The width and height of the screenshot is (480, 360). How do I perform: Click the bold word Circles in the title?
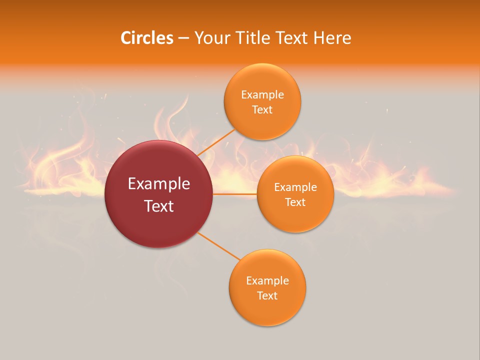coord(146,38)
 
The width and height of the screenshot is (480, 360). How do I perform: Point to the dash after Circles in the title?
coord(183,38)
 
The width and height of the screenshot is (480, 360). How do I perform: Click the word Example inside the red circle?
coord(159,184)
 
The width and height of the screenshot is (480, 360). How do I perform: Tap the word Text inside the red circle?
coord(159,206)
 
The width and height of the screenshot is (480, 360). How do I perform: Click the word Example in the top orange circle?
coord(262,95)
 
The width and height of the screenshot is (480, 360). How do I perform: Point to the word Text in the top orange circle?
coord(262,110)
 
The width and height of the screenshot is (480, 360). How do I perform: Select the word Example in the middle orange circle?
coord(295,187)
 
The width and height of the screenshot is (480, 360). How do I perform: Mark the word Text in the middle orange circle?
coord(295,202)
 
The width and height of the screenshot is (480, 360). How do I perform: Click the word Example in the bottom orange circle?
coord(267,281)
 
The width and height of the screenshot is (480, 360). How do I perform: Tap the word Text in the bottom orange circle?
coord(267,296)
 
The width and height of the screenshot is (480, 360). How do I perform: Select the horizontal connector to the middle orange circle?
coord(235,194)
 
